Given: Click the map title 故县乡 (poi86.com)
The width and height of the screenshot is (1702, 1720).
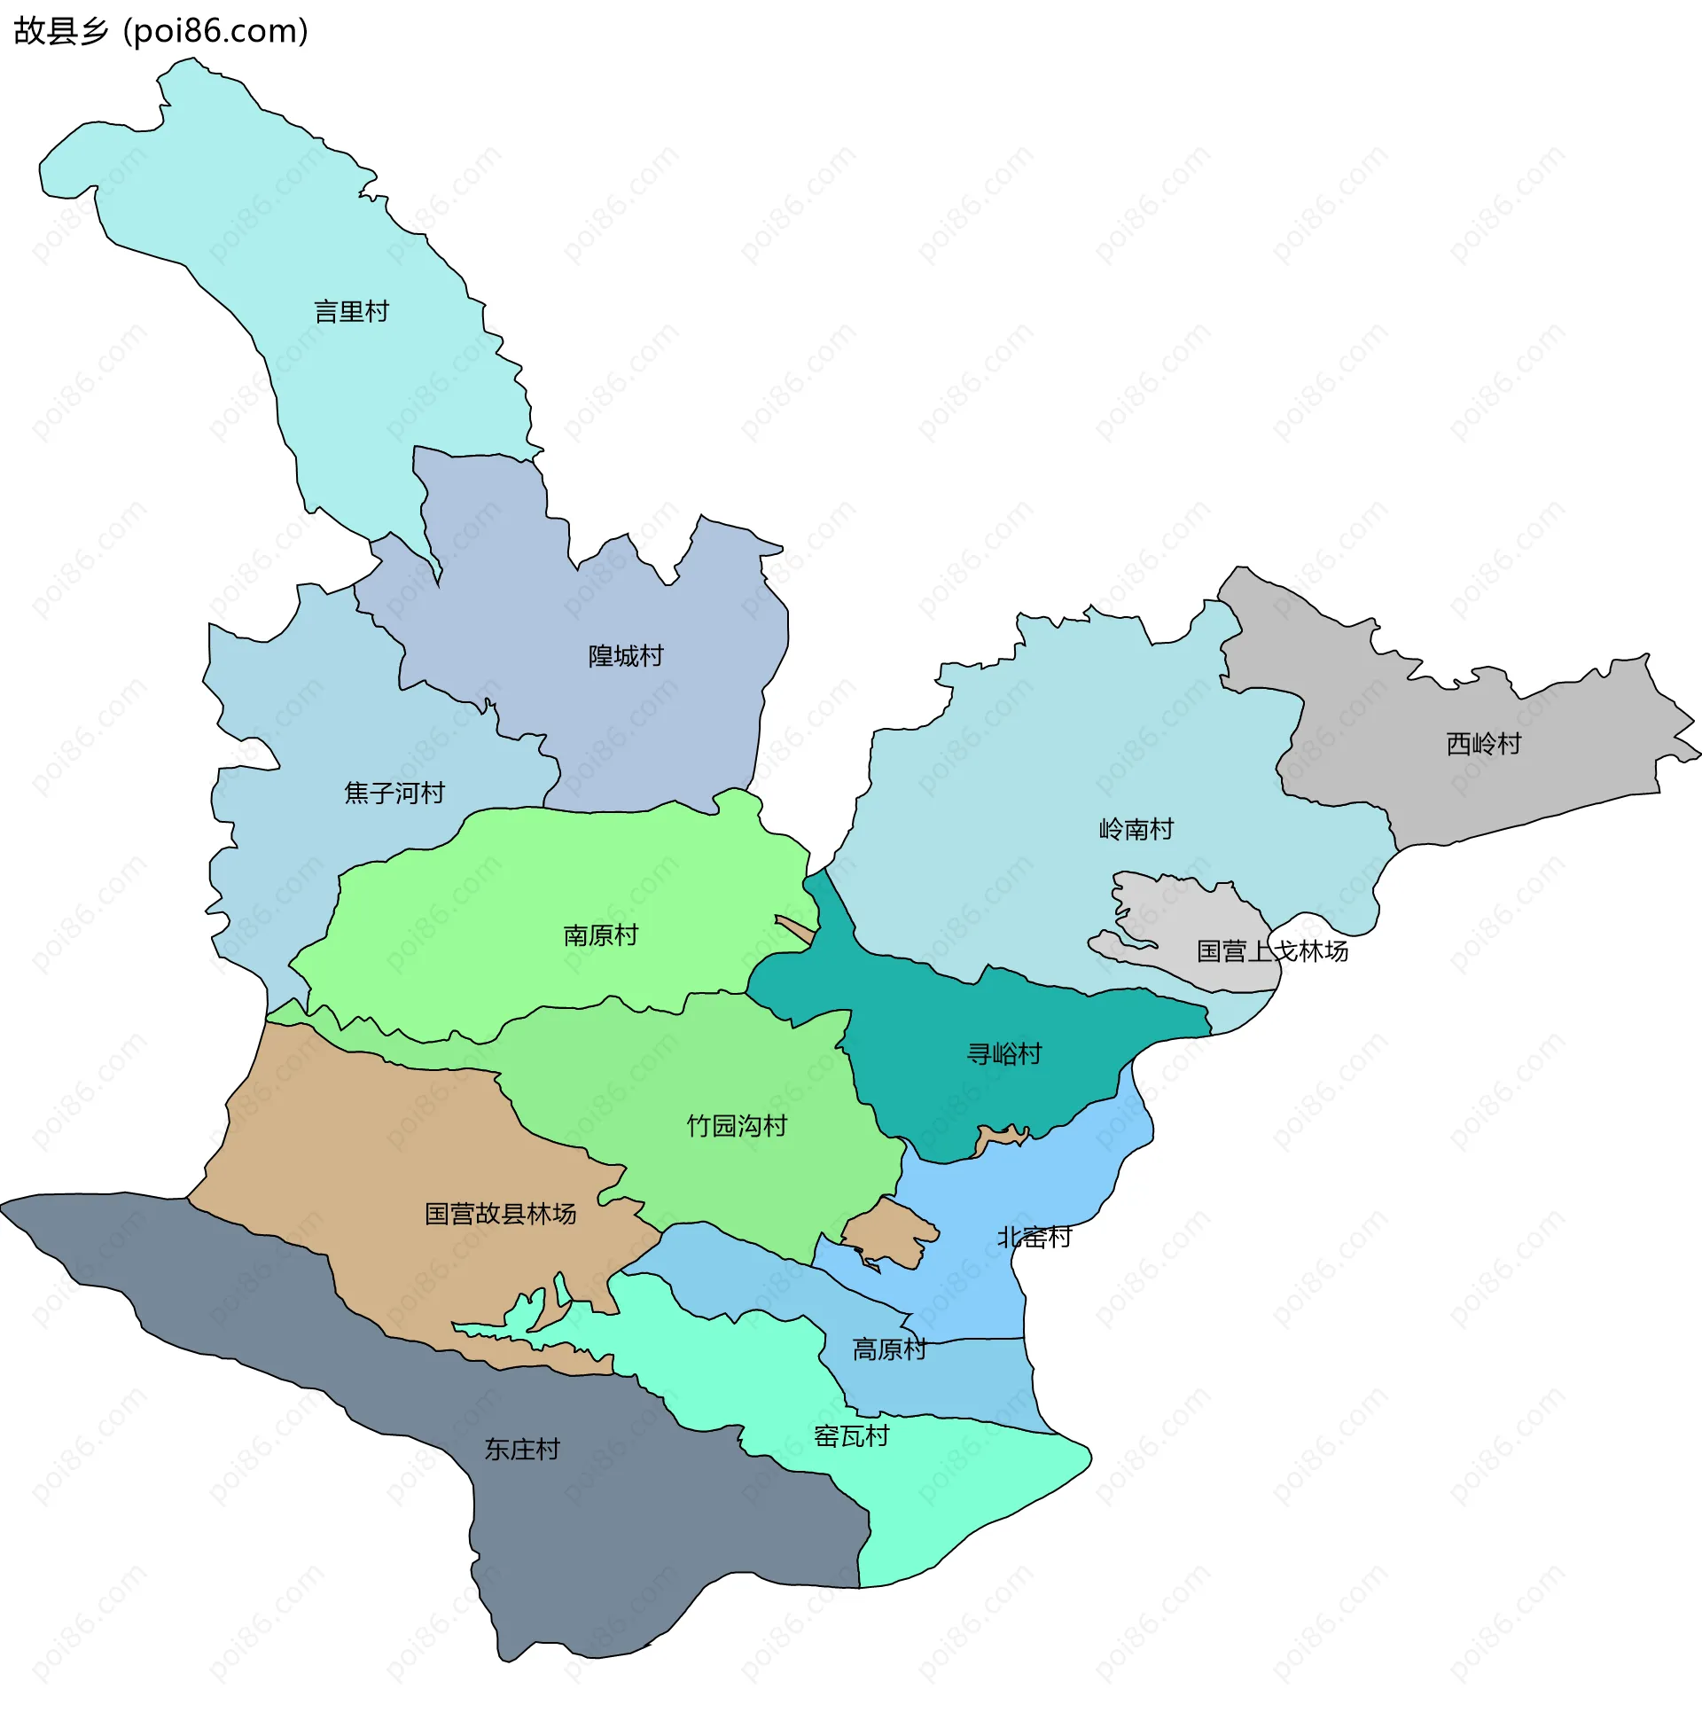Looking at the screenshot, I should pos(160,31).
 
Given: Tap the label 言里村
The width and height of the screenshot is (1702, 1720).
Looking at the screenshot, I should pos(352,311).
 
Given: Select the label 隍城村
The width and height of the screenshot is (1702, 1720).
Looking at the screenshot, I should pos(626,656).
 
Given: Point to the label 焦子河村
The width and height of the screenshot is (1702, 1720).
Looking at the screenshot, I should pos(394,793).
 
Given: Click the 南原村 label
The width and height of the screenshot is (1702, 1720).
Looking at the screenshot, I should pos(601,934).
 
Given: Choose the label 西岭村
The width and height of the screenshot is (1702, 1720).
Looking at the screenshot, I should pos(1483,743).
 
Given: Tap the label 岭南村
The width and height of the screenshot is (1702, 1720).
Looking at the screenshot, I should pos(1136,829).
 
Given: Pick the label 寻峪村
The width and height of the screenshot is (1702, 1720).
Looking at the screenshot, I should pos(1004,1054).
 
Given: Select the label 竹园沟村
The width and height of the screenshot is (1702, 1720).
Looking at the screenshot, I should pos(736,1126).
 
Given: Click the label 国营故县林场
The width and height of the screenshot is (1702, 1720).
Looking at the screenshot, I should pos(500,1214).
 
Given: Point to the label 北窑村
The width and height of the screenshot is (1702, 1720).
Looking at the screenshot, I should pos(1034,1238).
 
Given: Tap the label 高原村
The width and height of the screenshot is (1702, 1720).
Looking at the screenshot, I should pos(889,1349).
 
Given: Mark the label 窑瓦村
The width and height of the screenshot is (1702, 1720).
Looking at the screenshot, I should pos(851,1436).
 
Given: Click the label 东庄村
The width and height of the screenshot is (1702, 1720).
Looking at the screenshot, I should pos(521,1450).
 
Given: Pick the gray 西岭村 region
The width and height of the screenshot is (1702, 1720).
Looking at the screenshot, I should pos(1425,784).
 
